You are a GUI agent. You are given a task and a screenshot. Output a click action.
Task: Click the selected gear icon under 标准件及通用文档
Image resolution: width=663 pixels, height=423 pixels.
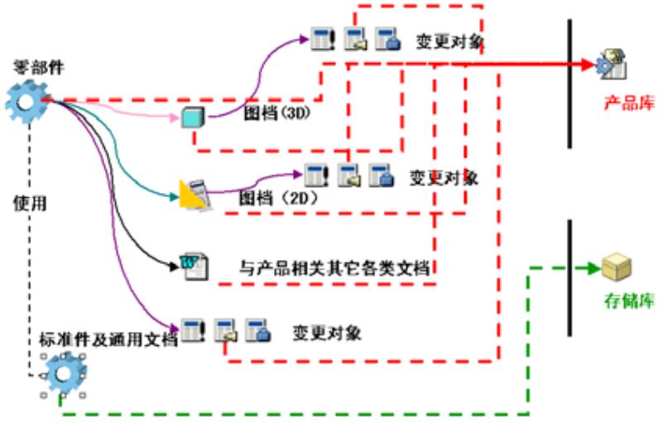pyautogui.click(x=64, y=373)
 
